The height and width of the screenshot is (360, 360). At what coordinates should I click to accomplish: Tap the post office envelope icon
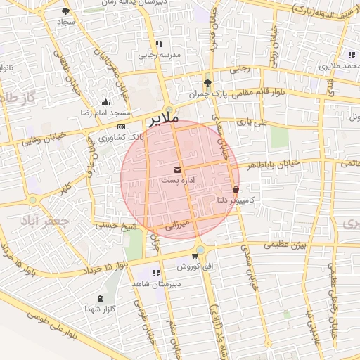tap(176, 170)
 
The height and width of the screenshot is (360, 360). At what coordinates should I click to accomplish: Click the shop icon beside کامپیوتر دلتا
tap(235, 188)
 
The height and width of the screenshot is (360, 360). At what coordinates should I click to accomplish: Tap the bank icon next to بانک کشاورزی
tap(121, 126)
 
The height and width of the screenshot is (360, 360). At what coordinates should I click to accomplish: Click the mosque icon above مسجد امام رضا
tap(105, 103)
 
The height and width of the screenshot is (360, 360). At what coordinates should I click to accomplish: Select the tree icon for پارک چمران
tap(207, 82)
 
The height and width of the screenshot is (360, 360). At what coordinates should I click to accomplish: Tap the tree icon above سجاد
tap(66, 11)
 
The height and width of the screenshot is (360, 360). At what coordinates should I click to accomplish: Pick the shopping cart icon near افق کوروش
tap(194, 256)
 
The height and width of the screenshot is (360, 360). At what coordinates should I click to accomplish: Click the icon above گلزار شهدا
tap(99, 298)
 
